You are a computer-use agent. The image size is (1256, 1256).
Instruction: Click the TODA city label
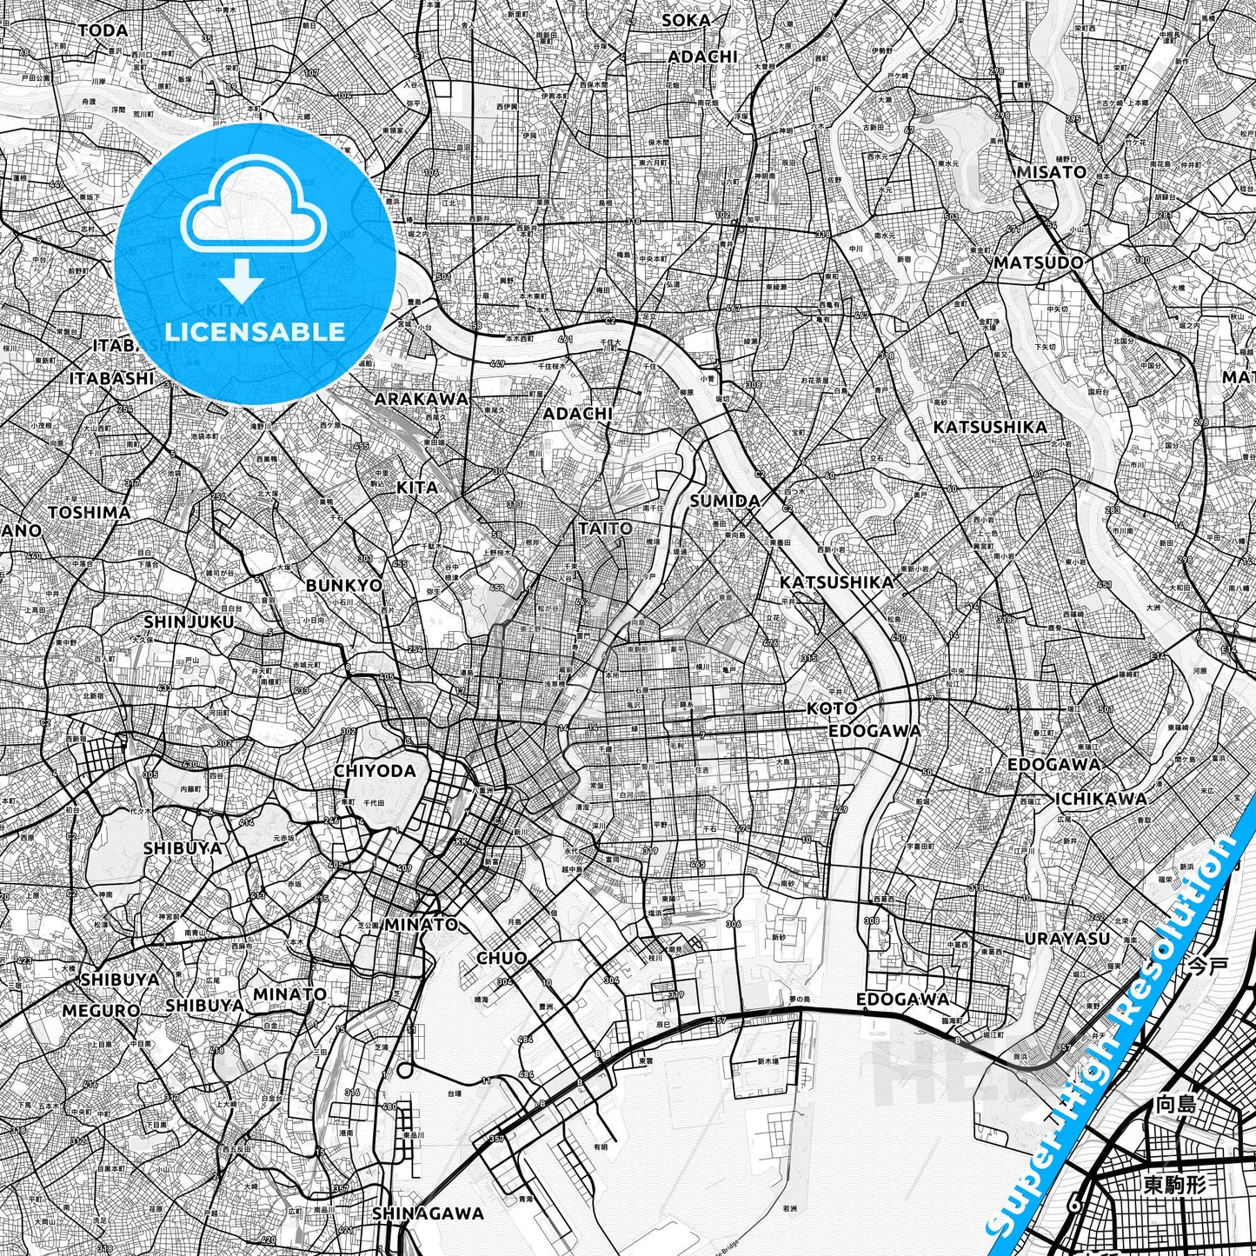(x=103, y=30)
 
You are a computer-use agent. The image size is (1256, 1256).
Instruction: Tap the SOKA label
(x=686, y=20)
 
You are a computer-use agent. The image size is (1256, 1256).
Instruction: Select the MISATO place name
(x=1052, y=172)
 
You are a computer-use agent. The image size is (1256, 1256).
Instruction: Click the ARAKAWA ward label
(x=421, y=399)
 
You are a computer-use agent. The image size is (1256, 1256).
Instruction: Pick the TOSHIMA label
(x=90, y=512)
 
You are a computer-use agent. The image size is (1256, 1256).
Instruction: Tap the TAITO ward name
(x=605, y=528)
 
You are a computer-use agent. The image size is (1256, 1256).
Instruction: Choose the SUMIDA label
(x=725, y=501)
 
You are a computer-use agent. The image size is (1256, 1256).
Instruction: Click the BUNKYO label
(x=344, y=585)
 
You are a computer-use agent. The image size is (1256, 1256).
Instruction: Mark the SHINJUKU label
(x=189, y=621)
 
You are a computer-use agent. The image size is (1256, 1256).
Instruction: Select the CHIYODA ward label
(x=375, y=771)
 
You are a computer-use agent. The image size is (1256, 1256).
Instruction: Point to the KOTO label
(x=832, y=708)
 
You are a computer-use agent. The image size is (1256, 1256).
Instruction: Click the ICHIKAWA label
(x=1100, y=799)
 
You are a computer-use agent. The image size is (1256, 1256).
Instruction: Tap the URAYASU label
(x=1067, y=938)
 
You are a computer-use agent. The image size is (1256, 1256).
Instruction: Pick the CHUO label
(x=502, y=958)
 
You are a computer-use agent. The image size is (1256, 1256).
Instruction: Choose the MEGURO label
(x=101, y=1011)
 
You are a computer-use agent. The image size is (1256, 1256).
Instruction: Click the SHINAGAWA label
(x=428, y=1213)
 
